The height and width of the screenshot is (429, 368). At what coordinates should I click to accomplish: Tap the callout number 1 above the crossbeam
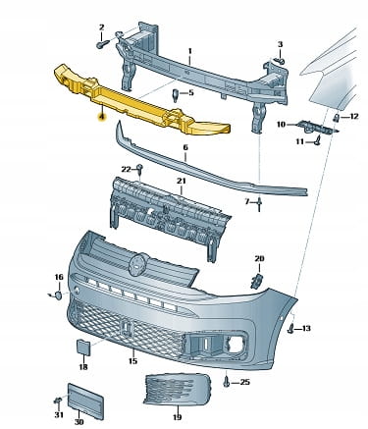(x=189, y=51)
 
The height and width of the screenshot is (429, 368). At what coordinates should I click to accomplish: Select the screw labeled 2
(x=101, y=44)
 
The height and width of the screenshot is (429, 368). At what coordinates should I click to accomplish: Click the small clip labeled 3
(x=279, y=61)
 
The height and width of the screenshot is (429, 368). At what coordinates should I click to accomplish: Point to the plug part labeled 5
(x=176, y=95)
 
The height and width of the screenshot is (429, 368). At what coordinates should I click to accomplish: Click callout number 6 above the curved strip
(x=185, y=147)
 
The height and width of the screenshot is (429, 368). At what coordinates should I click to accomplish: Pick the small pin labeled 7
(x=259, y=204)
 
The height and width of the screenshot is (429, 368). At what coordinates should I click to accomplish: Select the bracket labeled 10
(x=316, y=127)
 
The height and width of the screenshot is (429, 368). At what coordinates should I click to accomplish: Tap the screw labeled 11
(x=317, y=141)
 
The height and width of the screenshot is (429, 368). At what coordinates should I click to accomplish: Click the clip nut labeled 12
(x=336, y=119)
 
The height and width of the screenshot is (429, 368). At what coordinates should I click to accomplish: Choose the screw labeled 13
(x=290, y=329)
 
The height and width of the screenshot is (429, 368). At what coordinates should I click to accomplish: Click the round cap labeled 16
(x=58, y=295)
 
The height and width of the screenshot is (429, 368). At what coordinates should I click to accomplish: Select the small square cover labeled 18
(x=84, y=348)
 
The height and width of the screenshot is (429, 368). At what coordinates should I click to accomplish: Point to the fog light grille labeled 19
(x=177, y=391)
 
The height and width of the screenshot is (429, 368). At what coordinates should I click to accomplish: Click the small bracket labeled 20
(x=256, y=282)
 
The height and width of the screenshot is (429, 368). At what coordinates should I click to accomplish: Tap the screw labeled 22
(x=140, y=169)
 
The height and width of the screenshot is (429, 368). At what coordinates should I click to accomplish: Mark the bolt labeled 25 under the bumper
(x=227, y=382)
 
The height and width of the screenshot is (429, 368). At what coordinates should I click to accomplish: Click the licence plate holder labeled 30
(x=85, y=402)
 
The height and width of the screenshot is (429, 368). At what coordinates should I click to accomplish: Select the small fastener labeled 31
(x=58, y=401)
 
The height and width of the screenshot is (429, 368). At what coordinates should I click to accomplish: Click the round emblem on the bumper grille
(x=138, y=264)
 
